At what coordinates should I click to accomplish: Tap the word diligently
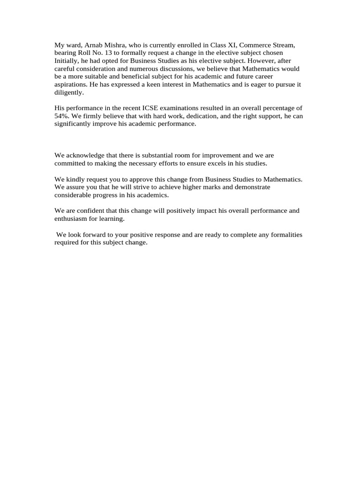click(x=69, y=93)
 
